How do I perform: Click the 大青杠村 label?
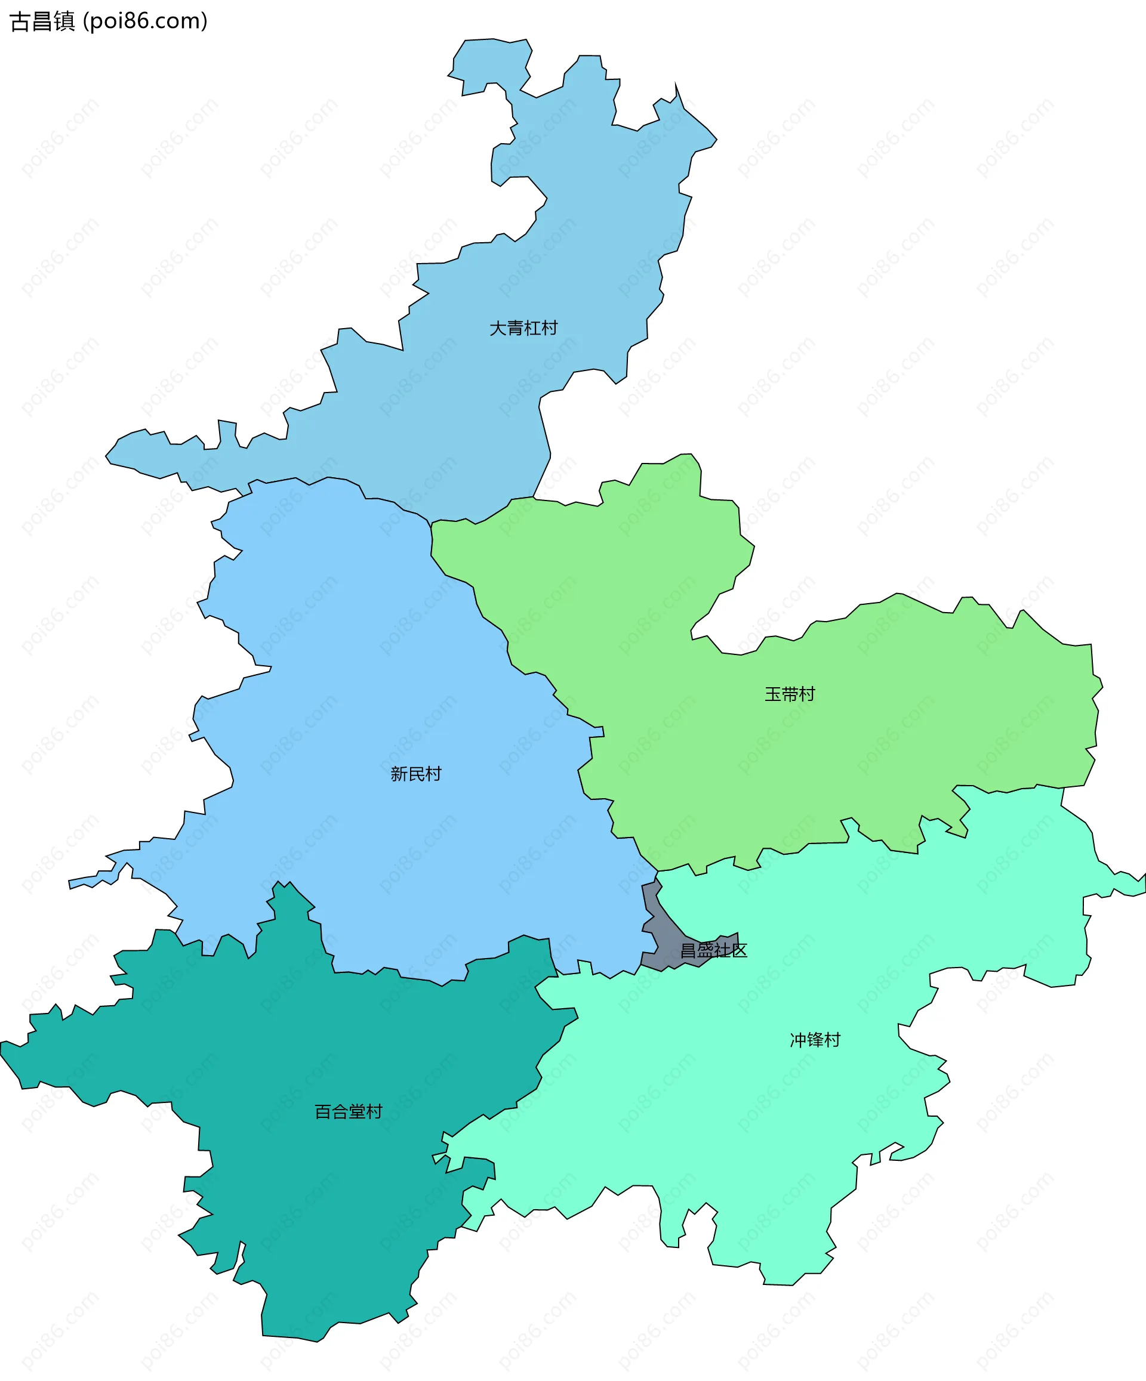[x=523, y=328]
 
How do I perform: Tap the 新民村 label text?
[x=416, y=773]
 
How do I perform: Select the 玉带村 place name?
[x=790, y=694]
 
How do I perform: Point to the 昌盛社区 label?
[x=713, y=950]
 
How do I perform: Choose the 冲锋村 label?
[x=815, y=1040]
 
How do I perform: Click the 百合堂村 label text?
[x=348, y=1111]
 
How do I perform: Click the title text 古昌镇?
[x=43, y=21]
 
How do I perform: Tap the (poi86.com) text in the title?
[x=146, y=21]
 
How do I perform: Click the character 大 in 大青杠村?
[x=497, y=328]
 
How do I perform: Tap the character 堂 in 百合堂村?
[x=356, y=1111]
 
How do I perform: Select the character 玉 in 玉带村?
[x=773, y=694]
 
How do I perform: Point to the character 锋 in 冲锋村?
[x=815, y=1040]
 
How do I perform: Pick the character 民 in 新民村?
[x=416, y=773]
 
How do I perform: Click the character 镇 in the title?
[x=64, y=21]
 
